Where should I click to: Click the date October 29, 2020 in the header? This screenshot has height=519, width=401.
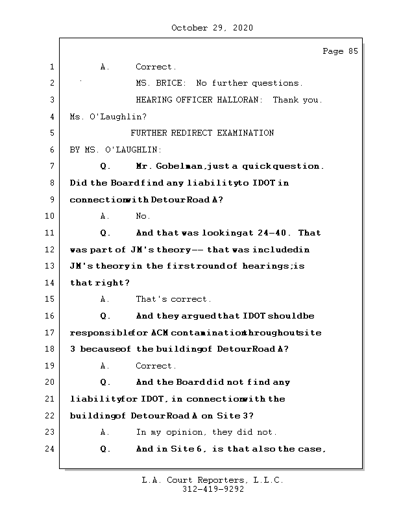point(212,28)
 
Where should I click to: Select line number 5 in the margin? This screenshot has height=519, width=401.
point(51,133)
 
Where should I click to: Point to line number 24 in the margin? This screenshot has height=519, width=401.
point(51,449)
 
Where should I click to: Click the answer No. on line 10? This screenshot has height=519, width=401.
point(143,216)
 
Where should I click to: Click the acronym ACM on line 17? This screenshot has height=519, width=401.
point(160,333)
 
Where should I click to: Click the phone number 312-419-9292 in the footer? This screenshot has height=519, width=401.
point(213,490)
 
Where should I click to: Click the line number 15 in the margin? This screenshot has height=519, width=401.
point(51,299)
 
